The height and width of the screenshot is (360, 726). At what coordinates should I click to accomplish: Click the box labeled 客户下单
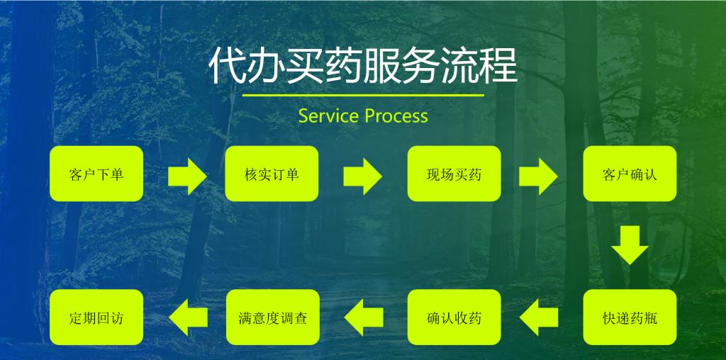click(x=96, y=174)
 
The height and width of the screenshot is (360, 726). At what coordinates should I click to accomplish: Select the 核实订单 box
click(x=272, y=174)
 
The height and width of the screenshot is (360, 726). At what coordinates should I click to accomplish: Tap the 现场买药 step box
click(x=454, y=174)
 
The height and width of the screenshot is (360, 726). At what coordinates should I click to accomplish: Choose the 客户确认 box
click(x=630, y=174)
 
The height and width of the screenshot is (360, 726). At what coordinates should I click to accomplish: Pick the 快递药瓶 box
click(x=630, y=317)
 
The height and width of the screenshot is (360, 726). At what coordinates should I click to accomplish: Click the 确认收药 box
click(x=454, y=317)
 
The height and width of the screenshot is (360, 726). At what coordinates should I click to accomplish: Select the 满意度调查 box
click(x=272, y=317)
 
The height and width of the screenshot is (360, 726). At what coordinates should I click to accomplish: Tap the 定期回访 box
click(x=96, y=317)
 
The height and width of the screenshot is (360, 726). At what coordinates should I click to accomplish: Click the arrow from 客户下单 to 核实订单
click(x=187, y=176)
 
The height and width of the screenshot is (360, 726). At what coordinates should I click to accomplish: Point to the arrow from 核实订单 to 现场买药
click(x=362, y=176)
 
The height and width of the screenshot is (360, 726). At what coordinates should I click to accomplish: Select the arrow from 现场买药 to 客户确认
click(x=538, y=176)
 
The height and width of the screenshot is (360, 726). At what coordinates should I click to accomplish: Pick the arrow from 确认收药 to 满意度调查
click(x=363, y=317)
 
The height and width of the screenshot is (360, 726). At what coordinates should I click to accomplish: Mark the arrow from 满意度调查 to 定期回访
click(x=188, y=317)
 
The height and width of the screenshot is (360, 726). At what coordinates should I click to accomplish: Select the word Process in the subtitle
click(x=396, y=116)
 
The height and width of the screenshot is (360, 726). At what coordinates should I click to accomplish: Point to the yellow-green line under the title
click(x=363, y=95)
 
